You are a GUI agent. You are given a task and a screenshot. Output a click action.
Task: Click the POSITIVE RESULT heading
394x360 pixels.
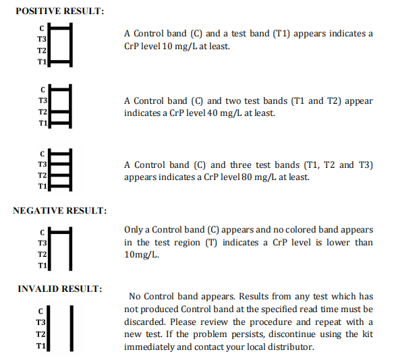point(60,11)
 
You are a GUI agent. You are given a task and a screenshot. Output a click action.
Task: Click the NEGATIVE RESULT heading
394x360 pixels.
point(60,210)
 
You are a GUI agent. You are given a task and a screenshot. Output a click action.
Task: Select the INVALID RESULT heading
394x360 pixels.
point(60,289)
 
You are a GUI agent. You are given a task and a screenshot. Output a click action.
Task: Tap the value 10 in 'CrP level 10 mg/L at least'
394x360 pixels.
point(167,47)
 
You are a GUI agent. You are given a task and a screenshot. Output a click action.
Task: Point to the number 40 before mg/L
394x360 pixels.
point(213,113)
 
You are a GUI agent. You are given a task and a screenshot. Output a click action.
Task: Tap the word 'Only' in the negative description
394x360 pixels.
point(133,230)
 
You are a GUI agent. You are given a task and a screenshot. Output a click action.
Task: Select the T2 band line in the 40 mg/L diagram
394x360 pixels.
point(60,111)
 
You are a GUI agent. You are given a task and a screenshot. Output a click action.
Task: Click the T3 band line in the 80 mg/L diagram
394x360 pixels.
point(60,164)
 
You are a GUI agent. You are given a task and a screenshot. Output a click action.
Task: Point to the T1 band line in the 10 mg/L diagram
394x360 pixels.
point(60,61)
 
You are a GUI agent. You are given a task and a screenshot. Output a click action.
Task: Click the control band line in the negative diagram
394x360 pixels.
point(60,232)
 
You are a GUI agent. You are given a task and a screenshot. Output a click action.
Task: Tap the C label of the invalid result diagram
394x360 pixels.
point(40,311)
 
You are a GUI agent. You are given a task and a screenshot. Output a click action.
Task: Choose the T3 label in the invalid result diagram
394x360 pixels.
point(40,322)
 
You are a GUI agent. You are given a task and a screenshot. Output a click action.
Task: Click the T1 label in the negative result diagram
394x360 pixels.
point(43,266)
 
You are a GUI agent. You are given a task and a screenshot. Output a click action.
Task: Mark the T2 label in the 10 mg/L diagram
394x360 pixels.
point(42,51)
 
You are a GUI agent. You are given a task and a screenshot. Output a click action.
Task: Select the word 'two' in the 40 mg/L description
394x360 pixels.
point(233,101)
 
